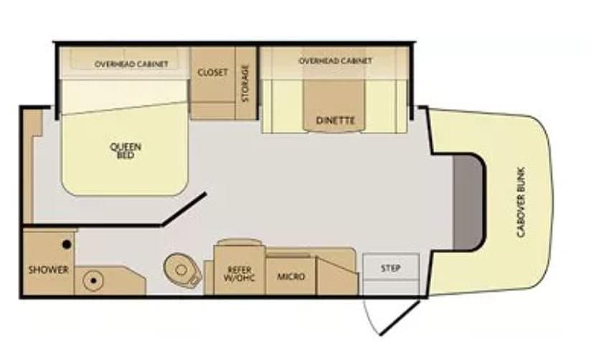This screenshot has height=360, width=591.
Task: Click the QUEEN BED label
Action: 126,151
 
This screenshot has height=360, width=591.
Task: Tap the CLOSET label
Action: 212,72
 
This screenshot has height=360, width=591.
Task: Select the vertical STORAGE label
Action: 245,83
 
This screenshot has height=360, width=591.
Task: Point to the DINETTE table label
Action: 336,120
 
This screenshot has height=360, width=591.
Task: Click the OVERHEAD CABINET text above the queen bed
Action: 131,64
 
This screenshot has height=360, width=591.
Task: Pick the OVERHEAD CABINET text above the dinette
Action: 335,61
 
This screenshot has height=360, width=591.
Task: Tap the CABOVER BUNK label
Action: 521,202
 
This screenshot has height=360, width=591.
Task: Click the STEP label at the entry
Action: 390,268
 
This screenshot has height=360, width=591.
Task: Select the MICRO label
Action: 291,277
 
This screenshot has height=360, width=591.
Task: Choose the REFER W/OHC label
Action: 240,275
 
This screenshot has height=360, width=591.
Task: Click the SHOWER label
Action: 49,270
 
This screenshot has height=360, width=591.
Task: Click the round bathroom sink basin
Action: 93,281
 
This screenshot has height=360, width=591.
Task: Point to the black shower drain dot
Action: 67,245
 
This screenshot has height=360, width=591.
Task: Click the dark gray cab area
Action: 468,202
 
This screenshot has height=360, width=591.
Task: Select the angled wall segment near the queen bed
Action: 184,209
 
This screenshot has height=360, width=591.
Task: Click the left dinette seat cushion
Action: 283,106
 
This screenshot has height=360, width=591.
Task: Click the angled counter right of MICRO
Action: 336,275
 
